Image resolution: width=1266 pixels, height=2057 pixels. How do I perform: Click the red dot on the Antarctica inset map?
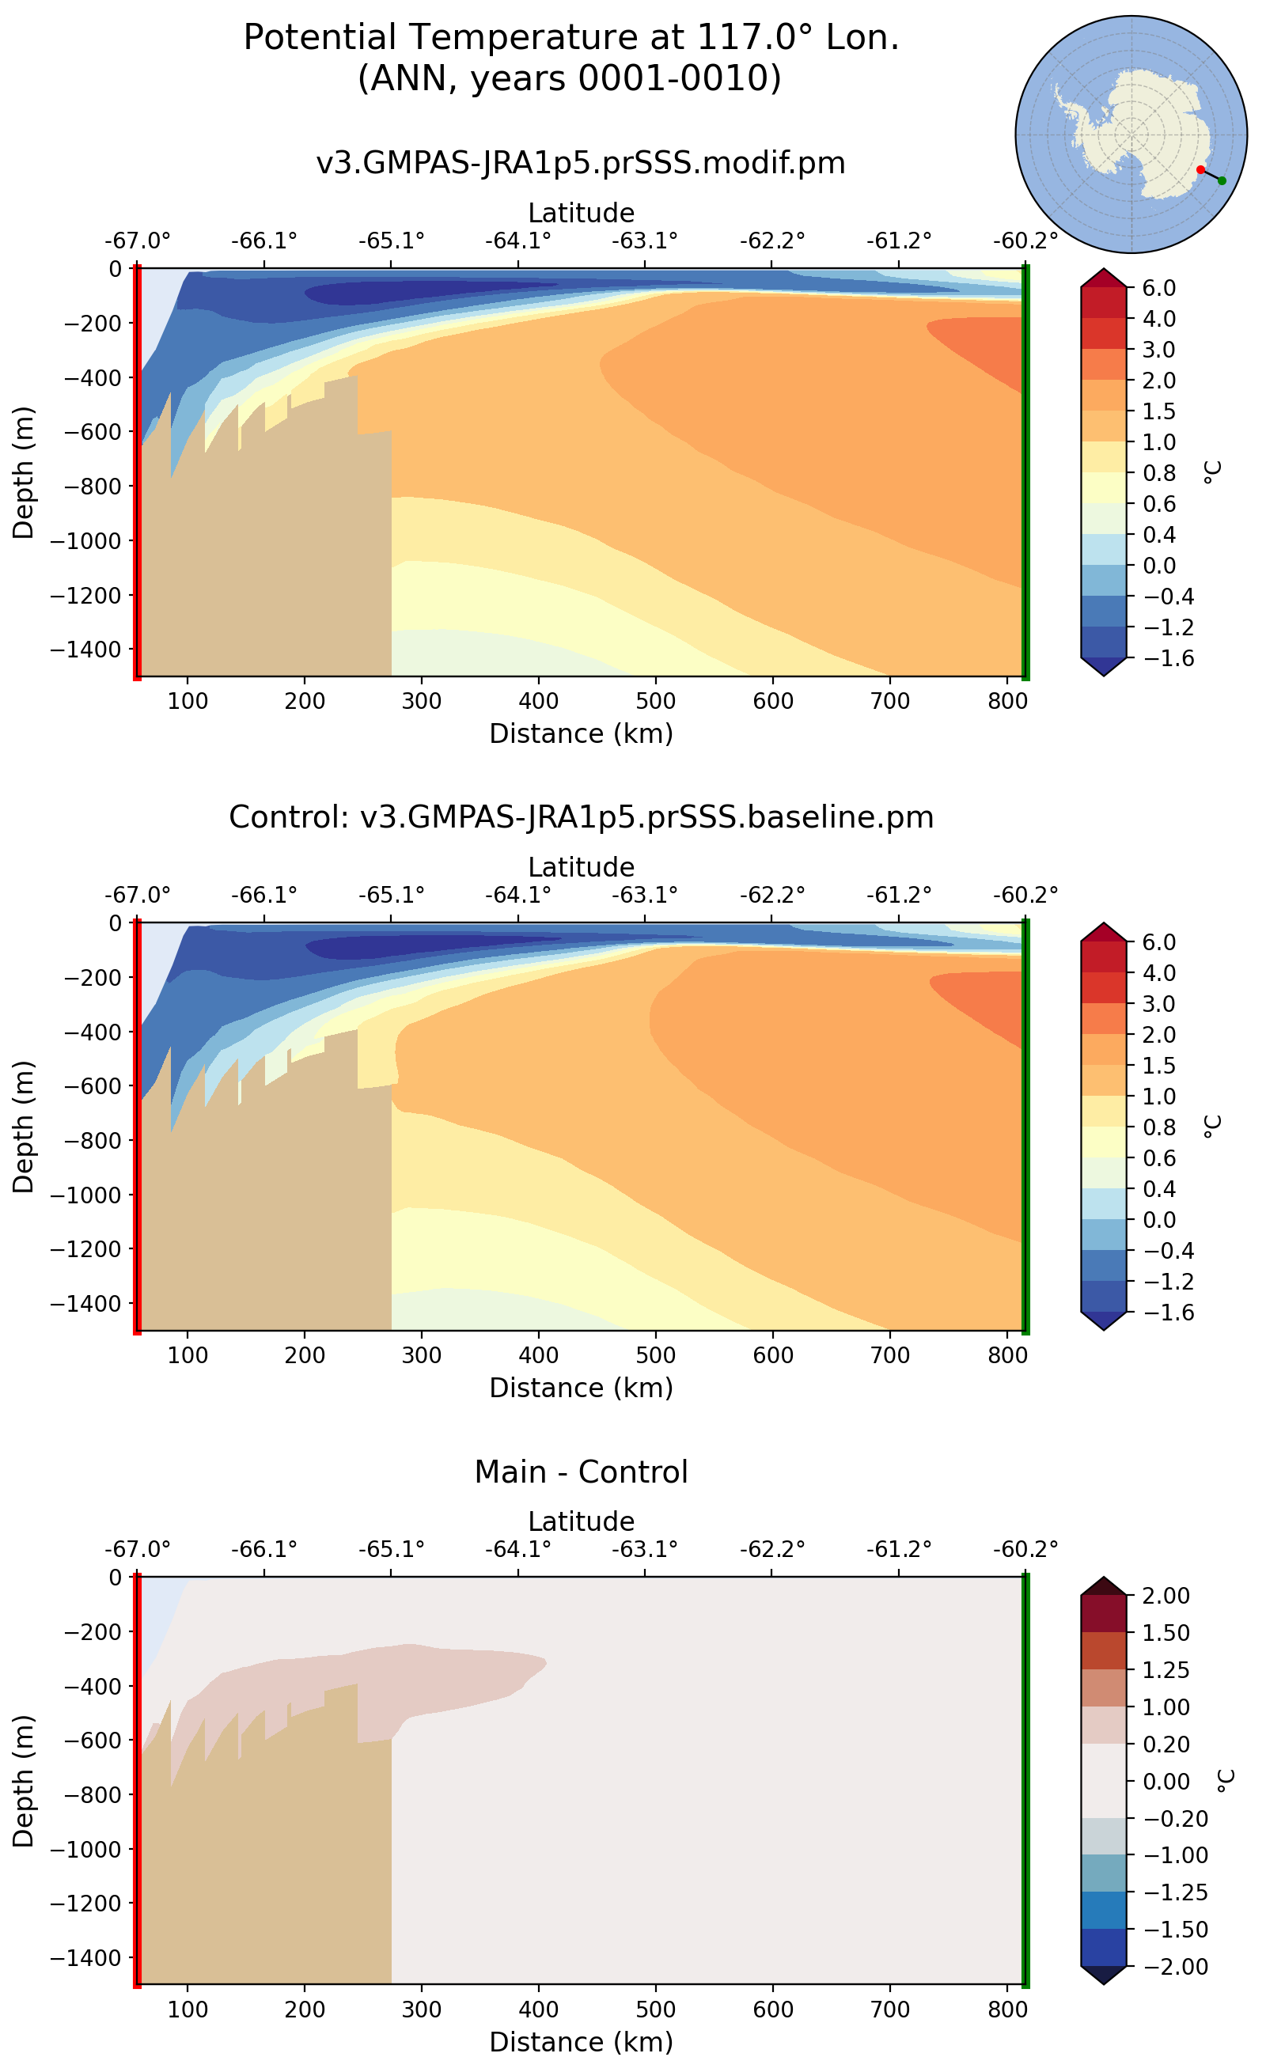[1200, 170]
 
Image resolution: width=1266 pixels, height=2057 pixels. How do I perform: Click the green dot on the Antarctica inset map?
[1222, 181]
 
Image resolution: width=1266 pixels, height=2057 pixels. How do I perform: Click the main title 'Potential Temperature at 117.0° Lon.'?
[571, 38]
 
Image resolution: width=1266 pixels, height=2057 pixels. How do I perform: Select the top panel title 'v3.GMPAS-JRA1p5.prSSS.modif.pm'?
[580, 162]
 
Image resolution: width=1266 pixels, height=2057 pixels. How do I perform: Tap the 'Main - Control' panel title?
[580, 1472]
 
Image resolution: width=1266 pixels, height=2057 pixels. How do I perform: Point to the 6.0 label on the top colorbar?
[1159, 288]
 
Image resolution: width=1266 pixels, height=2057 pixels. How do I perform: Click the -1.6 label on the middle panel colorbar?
[1159, 1313]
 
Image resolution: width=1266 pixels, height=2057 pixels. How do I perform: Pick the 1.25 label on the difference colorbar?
[1166, 1670]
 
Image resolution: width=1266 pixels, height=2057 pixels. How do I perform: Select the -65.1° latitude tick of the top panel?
[391, 241]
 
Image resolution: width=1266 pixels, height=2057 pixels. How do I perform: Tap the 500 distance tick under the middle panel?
[655, 1355]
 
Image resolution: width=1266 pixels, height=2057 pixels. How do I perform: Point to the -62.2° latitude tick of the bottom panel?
[771, 1550]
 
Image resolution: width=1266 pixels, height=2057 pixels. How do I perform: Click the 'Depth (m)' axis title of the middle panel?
[24, 1127]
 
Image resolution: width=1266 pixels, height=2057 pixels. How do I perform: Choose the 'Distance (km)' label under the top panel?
[580, 733]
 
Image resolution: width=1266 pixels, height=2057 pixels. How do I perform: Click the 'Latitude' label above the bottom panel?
[580, 1521]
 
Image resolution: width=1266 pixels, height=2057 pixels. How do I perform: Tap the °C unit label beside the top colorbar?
[1211, 472]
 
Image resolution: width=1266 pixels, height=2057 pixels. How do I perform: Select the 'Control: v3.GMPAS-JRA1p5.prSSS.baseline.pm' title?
[580, 817]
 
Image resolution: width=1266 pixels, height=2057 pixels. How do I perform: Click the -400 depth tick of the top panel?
[86, 377]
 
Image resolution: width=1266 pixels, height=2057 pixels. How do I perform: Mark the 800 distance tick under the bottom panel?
[1006, 2010]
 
